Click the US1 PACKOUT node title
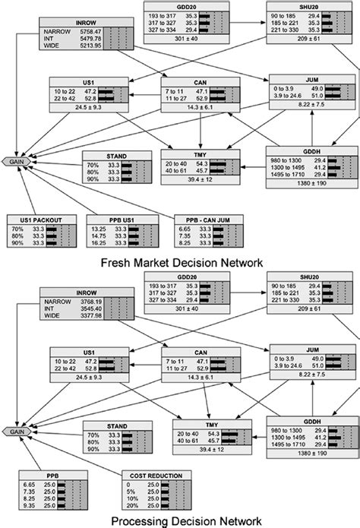pyautogui.click(x=37, y=219)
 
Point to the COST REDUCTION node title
pyautogui.click(x=154, y=476)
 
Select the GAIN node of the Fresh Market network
pyautogui.click(x=17, y=162)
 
